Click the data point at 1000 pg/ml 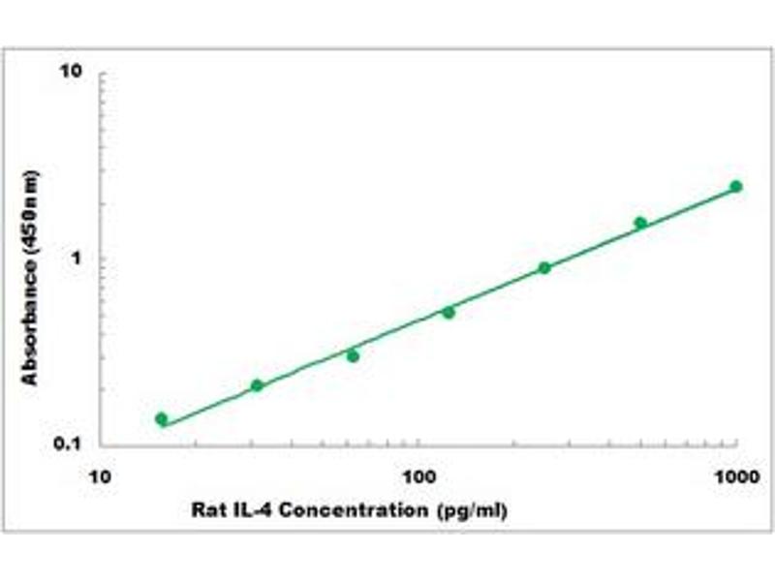tap(736, 186)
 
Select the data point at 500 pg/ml tap(640, 223)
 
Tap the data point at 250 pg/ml tap(544, 267)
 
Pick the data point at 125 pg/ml tap(449, 312)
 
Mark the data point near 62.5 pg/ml tap(353, 356)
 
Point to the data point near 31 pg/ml tap(257, 385)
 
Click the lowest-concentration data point tap(161, 419)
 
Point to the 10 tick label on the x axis tap(98, 476)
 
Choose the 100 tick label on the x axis tap(418, 476)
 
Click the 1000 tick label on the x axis tap(735, 476)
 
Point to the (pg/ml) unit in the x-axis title tap(473, 509)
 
